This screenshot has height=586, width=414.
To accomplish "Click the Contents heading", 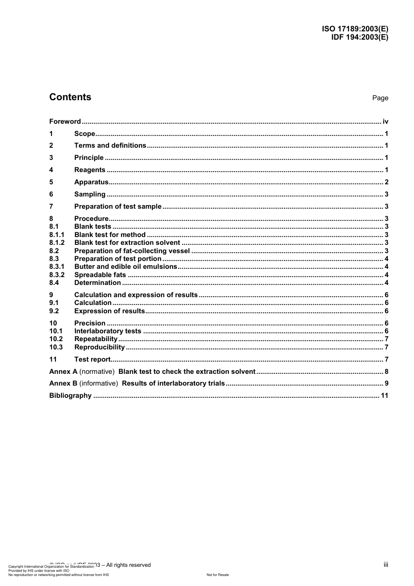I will (70, 97).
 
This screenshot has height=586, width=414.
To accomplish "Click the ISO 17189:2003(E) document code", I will (355, 29).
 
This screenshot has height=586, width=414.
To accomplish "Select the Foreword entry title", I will (65, 122).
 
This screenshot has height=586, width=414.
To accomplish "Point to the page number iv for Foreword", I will (385, 122).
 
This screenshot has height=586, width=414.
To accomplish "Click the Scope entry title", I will (85, 134).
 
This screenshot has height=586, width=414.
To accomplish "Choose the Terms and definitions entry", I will (110, 146).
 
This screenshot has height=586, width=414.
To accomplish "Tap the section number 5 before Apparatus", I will (51, 182).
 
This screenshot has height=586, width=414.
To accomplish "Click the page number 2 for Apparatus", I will (386, 182).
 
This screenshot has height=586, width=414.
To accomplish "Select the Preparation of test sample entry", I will (118, 207).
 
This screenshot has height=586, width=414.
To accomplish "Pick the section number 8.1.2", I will (57, 243).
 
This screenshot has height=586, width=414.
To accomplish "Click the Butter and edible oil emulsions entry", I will (126, 267).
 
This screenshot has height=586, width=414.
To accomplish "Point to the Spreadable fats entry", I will (100, 275).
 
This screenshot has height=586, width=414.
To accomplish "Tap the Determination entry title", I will (97, 283).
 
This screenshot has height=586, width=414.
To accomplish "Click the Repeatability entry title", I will (96, 339).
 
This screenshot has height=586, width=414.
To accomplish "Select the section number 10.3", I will (56, 347).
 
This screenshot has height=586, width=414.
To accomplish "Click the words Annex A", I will (63, 372).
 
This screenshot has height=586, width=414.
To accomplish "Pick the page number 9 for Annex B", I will (386, 383).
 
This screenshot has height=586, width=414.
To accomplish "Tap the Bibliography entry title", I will (70, 396).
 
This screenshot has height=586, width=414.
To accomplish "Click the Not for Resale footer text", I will (217, 575).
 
